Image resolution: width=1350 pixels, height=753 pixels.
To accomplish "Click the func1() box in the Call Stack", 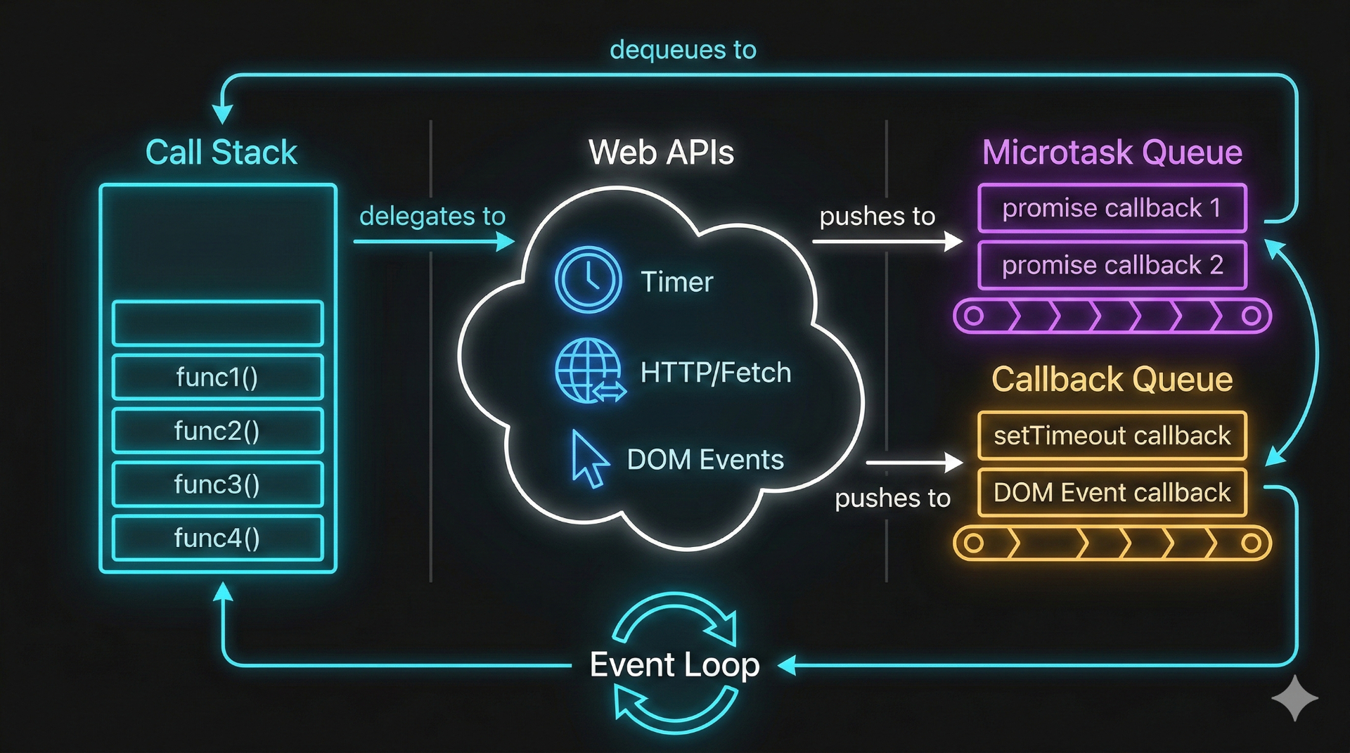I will pos(217,378).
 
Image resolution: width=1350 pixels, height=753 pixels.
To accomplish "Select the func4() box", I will pos(217,538).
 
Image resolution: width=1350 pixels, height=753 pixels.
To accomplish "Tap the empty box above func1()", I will pos(217,323).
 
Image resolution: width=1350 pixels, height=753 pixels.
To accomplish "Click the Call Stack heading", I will pos(221,153).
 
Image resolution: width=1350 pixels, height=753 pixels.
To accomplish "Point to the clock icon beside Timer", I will pos(588,280).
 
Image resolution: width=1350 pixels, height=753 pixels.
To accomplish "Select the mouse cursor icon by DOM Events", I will pos(589,458).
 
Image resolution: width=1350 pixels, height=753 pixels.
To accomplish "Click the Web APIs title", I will pos(661,153).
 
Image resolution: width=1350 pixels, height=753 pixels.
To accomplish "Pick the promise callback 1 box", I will pos(1112,208).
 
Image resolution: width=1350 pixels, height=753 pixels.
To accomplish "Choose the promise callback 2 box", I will pos(1112,265).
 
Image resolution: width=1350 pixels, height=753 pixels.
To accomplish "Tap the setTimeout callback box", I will pos(1112,436).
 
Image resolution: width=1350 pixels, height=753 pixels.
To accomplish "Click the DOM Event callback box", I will pos(1112,493).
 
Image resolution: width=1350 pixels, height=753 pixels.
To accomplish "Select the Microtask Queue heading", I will pos(1112,153).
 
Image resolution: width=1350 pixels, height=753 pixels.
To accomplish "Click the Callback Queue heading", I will pos(1112,380).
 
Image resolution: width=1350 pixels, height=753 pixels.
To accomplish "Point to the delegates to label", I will pos(432,216).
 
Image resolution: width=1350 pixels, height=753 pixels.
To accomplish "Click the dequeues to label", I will pos(683,50).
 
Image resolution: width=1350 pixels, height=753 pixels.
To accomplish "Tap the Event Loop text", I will pos(674,664).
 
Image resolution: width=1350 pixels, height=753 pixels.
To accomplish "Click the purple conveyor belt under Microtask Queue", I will pos(1112,316).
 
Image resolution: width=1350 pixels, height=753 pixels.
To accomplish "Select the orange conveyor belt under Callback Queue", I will pos(1112,543).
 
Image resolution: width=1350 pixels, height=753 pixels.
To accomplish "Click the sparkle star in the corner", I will pos(1294,698).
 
